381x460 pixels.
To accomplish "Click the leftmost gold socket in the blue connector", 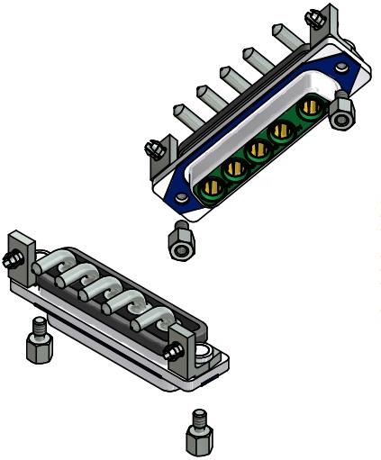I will click(x=214, y=189).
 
